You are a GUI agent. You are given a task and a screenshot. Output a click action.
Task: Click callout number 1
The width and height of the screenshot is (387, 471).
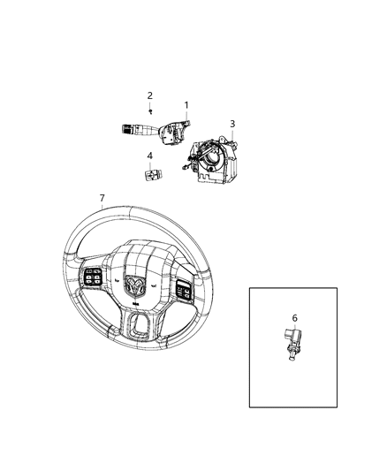tap(186, 105)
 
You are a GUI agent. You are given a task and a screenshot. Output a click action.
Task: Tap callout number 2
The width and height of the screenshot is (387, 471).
tap(150, 95)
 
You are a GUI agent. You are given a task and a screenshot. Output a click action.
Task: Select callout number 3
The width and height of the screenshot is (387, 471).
tap(232, 124)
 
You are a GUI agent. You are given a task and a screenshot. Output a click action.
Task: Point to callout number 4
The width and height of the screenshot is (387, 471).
tap(149, 156)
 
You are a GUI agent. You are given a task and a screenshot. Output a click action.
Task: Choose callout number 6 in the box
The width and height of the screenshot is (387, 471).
tap(294, 318)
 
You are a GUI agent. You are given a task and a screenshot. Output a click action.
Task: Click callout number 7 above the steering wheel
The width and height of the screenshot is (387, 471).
tap(102, 198)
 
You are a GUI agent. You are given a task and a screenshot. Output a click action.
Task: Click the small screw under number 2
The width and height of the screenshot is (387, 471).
tap(152, 111)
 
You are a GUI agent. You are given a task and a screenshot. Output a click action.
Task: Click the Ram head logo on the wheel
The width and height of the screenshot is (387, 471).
tap(135, 285)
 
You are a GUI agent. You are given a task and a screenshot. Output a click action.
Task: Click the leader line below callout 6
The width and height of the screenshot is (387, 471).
tap(294, 327)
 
